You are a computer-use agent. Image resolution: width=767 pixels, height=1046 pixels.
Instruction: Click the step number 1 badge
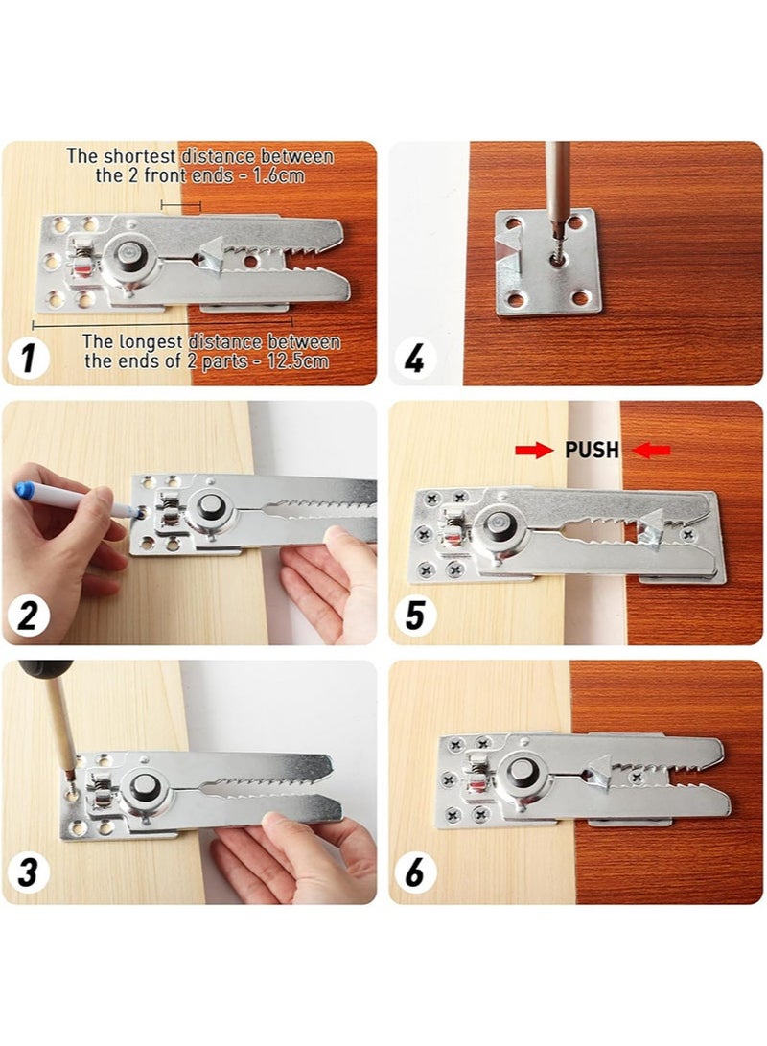[29, 360]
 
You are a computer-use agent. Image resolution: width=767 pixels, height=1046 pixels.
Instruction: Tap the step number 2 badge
[29, 616]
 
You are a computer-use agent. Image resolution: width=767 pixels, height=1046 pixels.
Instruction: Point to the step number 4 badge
[414, 360]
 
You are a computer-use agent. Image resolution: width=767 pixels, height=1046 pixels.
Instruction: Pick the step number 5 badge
[414, 616]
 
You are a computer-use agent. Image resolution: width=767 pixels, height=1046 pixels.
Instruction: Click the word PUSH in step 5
[593, 451]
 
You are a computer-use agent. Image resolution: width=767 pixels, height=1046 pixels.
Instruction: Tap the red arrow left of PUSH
[534, 451]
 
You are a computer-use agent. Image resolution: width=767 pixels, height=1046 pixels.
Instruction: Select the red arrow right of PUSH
[652, 451]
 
